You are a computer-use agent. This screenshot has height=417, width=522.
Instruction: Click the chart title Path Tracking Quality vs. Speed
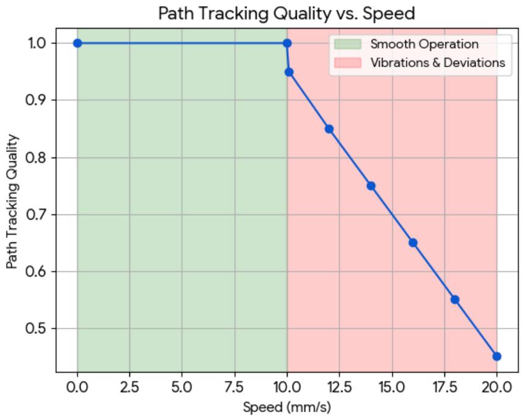pyautogui.click(x=286, y=13)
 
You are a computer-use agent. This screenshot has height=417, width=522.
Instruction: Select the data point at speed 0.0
pyautogui.click(x=78, y=43)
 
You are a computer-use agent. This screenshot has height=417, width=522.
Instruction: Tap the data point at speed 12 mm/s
pyautogui.click(x=329, y=129)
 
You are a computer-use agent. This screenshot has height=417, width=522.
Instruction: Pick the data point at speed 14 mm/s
pyautogui.click(x=371, y=186)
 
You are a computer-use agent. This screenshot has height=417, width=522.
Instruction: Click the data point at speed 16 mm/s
pyautogui.click(x=413, y=242)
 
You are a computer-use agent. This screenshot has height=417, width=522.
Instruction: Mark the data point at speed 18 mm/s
pyautogui.click(x=455, y=300)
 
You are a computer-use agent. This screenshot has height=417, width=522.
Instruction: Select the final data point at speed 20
pyautogui.click(x=496, y=357)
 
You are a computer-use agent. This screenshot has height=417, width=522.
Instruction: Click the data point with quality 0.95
pyautogui.click(x=289, y=72)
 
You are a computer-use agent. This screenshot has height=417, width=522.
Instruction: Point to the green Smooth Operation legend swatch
pyautogui.click(x=347, y=45)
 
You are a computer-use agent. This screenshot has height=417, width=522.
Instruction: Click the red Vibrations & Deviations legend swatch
pyautogui.click(x=347, y=63)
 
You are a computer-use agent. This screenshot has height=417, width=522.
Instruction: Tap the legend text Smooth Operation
pyautogui.click(x=424, y=45)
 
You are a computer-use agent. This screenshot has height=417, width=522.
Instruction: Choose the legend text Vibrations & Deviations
pyautogui.click(x=438, y=63)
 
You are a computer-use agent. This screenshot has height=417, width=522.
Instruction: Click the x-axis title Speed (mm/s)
pyautogui.click(x=287, y=407)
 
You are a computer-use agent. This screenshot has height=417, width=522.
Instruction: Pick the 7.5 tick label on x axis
pyautogui.click(x=234, y=387)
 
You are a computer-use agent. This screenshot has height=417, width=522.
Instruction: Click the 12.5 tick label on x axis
pyautogui.click(x=339, y=387)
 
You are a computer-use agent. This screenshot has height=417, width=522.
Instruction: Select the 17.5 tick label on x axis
pyautogui.click(x=444, y=387)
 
